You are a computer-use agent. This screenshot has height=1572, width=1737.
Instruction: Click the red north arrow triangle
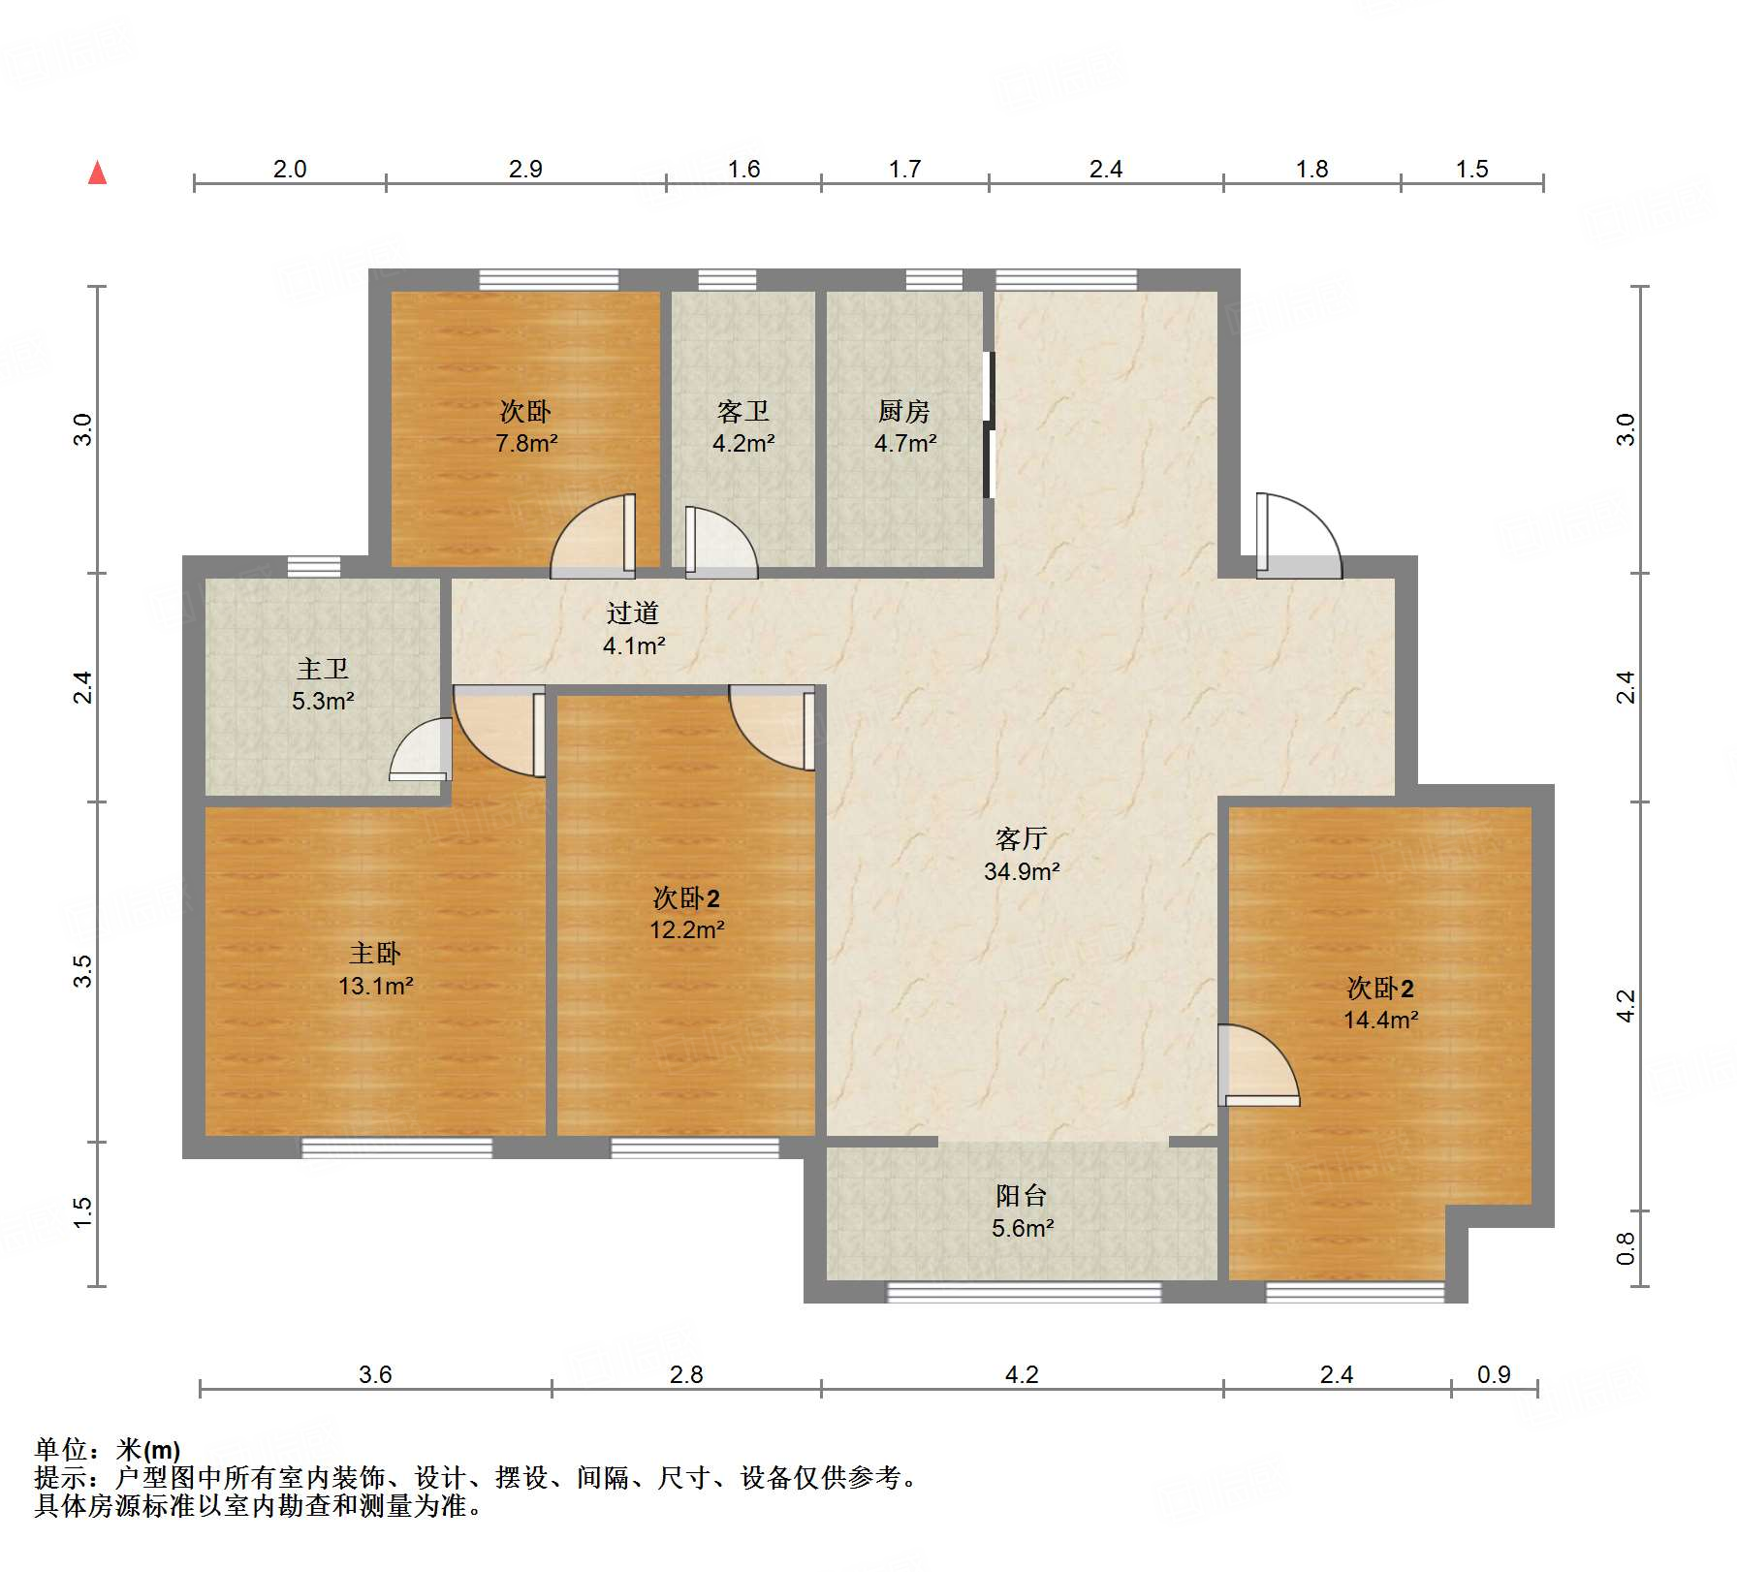tap(97, 173)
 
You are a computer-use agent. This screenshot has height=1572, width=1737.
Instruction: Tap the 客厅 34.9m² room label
tap(1022, 855)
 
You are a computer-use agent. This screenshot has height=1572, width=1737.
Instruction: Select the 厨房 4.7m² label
tap(904, 426)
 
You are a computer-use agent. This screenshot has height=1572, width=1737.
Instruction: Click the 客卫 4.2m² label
tap(743, 426)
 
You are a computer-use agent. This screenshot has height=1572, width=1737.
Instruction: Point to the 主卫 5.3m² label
tap(323, 684)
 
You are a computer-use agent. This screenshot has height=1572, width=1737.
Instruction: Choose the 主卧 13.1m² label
tap(375, 969)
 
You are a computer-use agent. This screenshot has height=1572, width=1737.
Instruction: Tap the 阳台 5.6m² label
tap(1022, 1211)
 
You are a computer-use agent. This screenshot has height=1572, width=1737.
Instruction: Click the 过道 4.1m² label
tap(633, 628)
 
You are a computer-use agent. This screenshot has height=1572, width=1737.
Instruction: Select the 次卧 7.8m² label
tap(525, 426)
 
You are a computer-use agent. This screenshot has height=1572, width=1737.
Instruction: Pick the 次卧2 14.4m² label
tap(1380, 1003)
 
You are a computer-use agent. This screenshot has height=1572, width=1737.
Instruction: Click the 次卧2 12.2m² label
tap(686, 913)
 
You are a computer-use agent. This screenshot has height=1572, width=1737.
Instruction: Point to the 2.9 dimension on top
tap(525, 170)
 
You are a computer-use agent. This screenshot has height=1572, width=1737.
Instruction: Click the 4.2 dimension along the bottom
tap(1022, 1374)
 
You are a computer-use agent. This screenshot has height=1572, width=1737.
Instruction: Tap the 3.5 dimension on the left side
tap(83, 971)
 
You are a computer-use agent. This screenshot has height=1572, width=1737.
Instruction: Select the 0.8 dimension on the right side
tap(1626, 1248)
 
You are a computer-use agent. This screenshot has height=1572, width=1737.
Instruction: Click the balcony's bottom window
tap(1024, 1292)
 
